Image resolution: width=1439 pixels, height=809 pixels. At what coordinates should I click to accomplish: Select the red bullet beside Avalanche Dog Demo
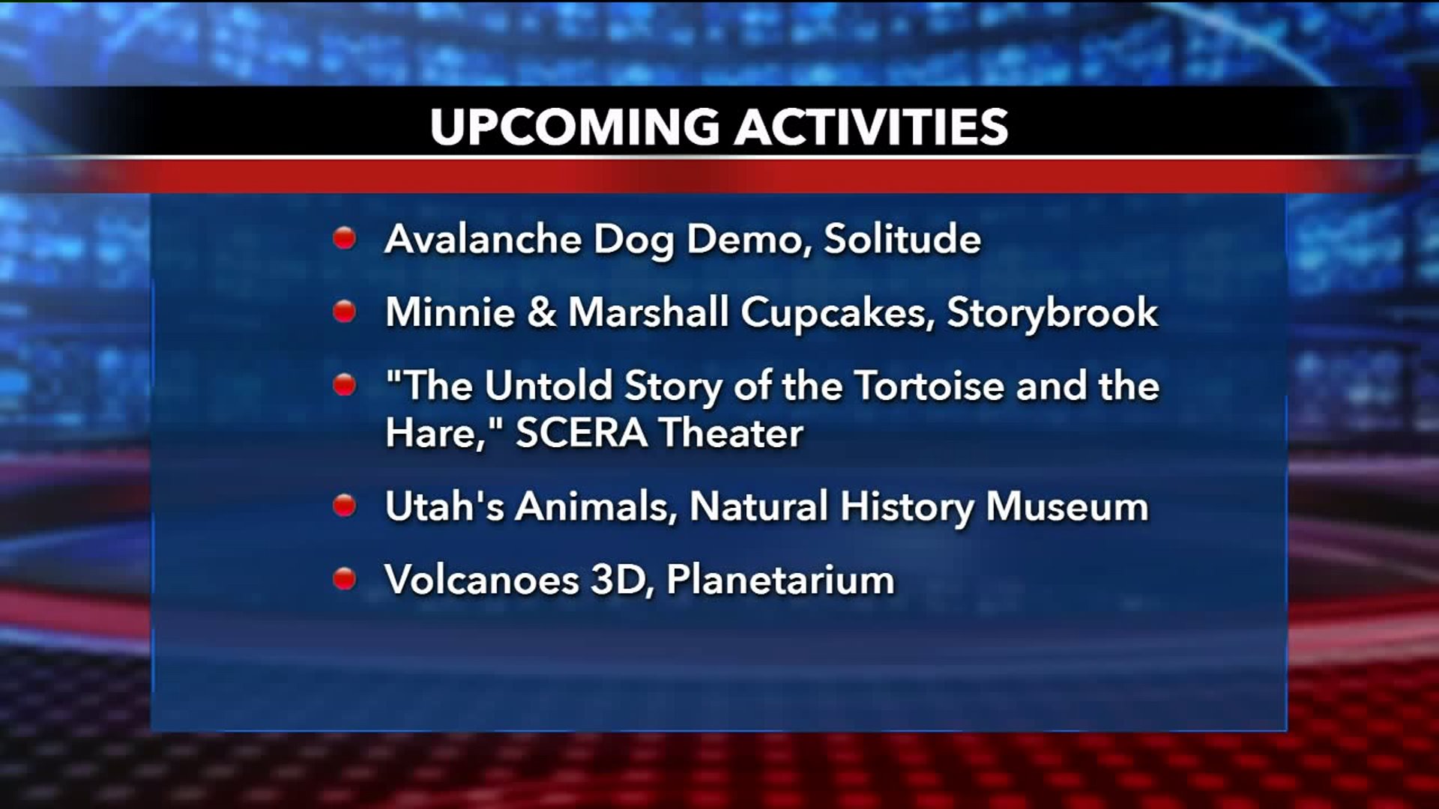[344, 238]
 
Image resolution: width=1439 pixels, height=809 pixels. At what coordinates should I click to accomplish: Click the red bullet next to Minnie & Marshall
[344, 311]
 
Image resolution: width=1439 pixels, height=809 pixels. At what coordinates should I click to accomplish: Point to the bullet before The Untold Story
[344, 385]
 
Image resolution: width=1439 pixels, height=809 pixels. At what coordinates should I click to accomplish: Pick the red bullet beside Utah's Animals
[344, 506]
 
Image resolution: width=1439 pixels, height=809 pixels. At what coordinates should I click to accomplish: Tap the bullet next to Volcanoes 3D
[344, 578]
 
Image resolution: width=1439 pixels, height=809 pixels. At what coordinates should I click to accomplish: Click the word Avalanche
[483, 239]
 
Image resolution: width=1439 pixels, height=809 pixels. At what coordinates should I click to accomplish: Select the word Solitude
[902, 239]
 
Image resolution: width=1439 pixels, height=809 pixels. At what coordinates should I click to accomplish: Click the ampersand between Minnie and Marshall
[541, 312]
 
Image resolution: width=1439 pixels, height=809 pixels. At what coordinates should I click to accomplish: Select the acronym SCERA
[582, 433]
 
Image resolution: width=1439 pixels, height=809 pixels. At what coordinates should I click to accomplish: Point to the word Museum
[1067, 506]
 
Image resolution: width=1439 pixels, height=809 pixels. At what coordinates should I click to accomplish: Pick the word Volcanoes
[482, 580]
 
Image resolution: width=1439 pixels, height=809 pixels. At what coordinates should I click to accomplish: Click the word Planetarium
[780, 580]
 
